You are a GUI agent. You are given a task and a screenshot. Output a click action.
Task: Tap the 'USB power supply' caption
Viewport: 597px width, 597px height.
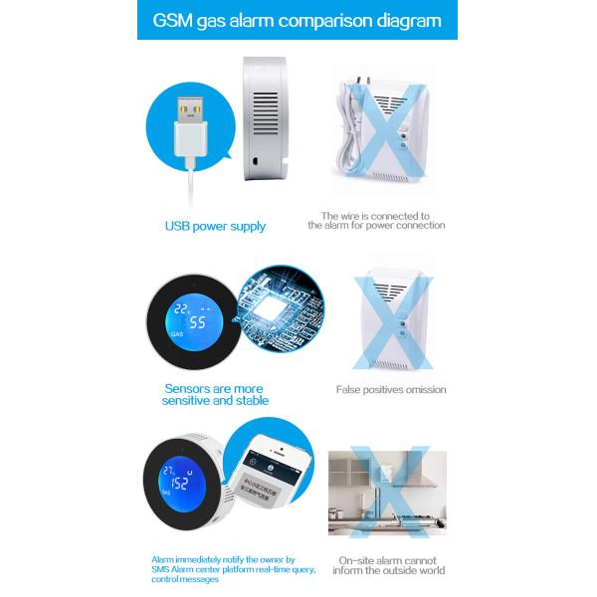click(215, 226)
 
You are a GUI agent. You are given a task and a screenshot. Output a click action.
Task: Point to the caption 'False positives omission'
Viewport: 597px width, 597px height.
click(390, 390)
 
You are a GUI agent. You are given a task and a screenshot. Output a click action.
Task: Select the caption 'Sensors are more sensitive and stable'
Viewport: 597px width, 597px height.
click(215, 394)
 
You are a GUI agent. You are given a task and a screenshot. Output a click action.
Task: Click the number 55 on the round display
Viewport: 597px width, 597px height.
click(198, 322)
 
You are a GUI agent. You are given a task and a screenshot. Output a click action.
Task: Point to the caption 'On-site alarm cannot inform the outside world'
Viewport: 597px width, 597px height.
click(390, 564)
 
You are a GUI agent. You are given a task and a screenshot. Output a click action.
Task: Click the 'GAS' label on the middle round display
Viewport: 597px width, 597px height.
click(177, 335)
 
